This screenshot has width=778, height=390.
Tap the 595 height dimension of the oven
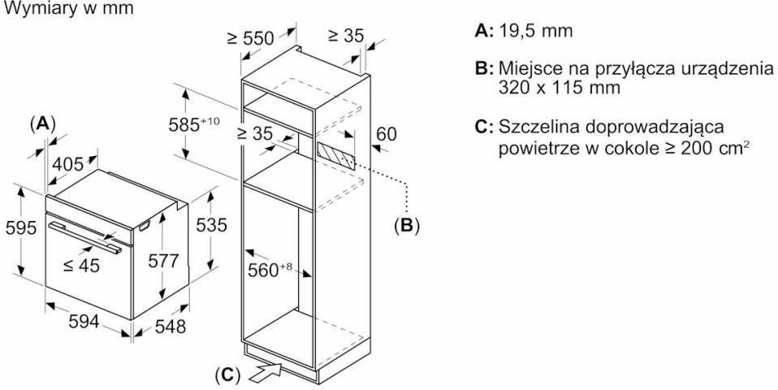click(19, 228)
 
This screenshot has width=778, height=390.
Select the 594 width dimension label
click(83, 322)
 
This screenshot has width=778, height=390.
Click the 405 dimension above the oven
click(68, 164)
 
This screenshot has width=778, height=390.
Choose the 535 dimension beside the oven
click(212, 225)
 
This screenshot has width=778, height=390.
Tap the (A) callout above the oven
click(41, 123)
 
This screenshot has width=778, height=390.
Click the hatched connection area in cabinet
click(335, 154)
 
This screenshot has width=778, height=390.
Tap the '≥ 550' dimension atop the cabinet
click(250, 37)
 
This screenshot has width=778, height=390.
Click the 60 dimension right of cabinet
click(386, 134)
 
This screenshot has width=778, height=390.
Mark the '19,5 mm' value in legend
click(536, 32)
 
